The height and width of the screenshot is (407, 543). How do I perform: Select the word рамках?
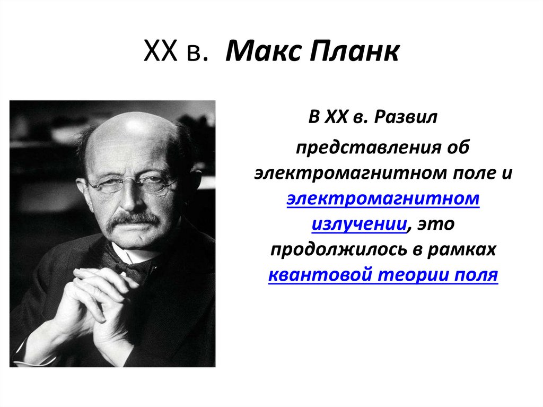point(468,249)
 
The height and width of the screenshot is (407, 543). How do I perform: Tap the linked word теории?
point(404,275)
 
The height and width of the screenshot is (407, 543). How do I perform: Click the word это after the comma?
point(436,224)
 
